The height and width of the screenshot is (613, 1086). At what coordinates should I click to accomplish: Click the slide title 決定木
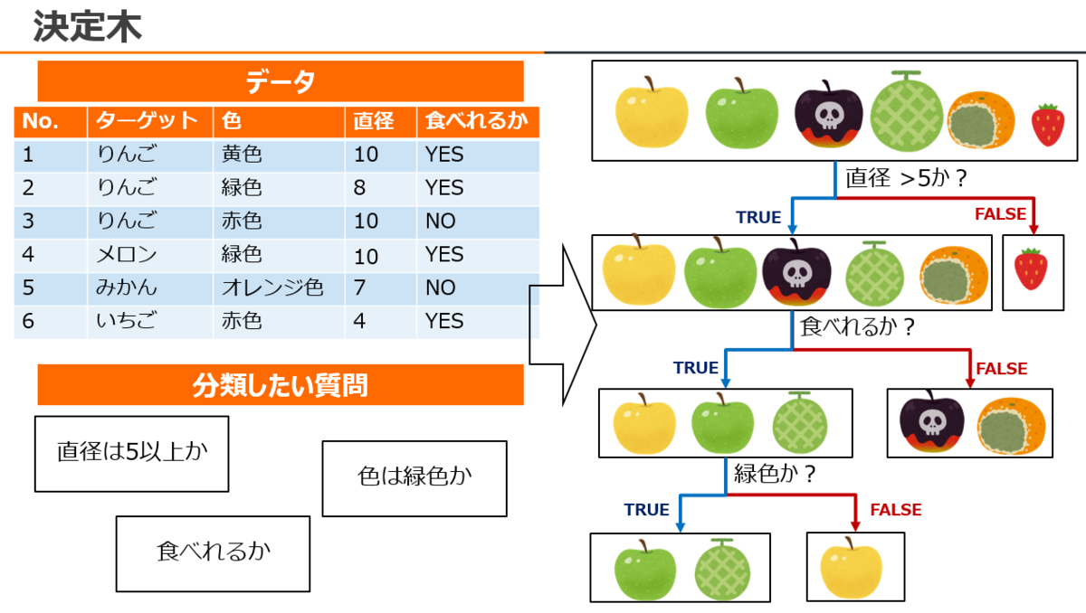[88, 27]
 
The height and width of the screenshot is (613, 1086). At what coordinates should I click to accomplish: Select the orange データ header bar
[281, 82]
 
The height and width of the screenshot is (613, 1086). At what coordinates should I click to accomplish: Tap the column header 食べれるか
[476, 121]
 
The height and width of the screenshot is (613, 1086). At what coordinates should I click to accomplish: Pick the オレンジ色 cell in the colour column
[272, 288]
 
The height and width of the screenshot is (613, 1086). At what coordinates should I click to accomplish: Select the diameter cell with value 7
[360, 288]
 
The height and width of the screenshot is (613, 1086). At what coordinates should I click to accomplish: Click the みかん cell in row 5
[127, 288]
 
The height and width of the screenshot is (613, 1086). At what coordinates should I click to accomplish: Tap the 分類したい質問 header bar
[281, 386]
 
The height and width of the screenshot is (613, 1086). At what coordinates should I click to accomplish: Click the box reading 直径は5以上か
[131, 453]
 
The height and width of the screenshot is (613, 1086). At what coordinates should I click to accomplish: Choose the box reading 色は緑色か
[414, 478]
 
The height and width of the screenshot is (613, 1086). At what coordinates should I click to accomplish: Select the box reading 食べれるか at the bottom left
[213, 553]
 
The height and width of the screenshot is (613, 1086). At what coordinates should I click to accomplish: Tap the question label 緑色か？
[776, 473]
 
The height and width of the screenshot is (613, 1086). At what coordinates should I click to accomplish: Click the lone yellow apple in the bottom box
[851, 568]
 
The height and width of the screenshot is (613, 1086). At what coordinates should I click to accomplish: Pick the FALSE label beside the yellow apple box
[896, 510]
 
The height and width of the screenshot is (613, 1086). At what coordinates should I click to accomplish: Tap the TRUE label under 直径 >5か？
[758, 217]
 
